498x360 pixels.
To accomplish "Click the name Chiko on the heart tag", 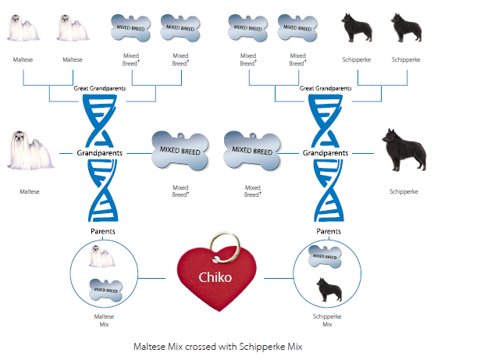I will [x=215, y=276].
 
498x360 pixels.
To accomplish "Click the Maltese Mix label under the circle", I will [x=104, y=320].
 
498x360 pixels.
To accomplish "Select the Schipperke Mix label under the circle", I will [x=327, y=320].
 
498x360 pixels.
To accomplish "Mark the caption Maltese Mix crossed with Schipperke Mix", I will [x=218, y=345].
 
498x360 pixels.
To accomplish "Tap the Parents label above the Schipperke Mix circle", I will [x=328, y=232].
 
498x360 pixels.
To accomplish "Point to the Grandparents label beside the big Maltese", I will [x=99, y=153].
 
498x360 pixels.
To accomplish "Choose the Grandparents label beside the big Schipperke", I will [x=325, y=153].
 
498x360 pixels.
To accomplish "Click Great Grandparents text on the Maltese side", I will [x=100, y=88].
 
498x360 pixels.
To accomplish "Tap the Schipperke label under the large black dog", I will [x=404, y=191].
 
